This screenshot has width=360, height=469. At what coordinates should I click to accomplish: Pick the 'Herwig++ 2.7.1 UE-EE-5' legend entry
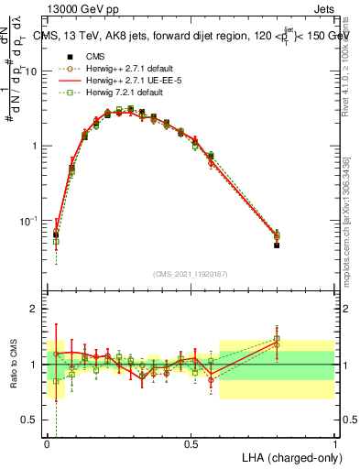click(x=130, y=80)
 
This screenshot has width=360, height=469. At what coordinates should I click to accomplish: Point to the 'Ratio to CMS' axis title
click(x=14, y=365)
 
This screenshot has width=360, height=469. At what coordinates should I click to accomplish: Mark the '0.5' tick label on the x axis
click(x=191, y=442)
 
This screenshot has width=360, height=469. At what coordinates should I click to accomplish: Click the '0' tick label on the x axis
click(x=47, y=442)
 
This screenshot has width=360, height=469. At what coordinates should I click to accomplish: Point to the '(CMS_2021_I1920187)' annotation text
click(x=191, y=273)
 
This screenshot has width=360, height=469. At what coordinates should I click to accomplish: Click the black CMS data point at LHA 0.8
click(x=277, y=245)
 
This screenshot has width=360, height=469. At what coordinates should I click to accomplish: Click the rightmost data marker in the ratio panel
click(x=277, y=339)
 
